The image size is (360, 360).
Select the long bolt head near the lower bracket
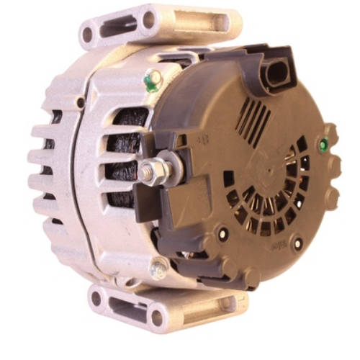click(x=158, y=269)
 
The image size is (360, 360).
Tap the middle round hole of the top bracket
click(x=150, y=19)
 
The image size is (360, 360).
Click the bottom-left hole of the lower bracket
click(x=96, y=297)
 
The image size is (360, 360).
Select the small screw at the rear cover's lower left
click(x=223, y=233)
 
